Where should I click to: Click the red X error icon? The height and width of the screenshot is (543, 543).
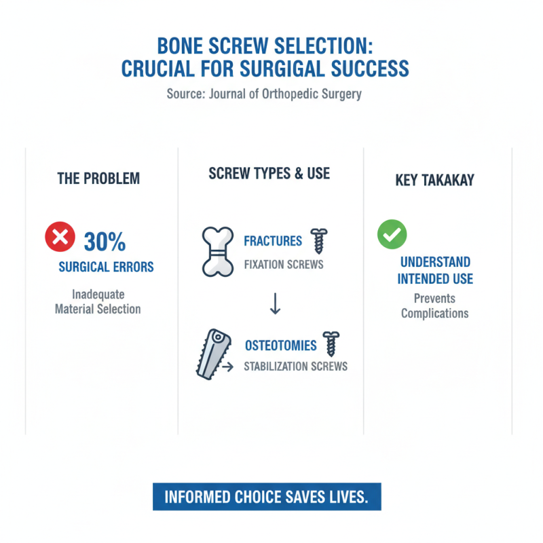pos(59,239)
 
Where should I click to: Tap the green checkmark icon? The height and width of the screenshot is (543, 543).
pos(392,235)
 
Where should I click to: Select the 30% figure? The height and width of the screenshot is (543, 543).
pos(104,242)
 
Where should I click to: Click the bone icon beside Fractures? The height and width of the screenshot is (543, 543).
pos(219,251)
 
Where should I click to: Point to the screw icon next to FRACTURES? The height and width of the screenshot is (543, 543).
pos(318,241)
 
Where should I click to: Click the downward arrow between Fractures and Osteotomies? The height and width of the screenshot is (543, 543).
pos(275,304)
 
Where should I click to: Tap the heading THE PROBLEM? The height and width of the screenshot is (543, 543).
pos(98,179)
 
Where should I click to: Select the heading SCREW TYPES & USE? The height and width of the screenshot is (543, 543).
pos(269,173)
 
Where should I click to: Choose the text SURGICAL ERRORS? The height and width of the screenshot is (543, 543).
pos(107,267)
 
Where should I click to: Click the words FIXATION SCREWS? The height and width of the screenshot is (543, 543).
pos(284,264)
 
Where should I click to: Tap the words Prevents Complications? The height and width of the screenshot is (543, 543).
pos(434,306)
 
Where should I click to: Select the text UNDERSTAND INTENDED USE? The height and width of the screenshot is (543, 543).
pos(435,270)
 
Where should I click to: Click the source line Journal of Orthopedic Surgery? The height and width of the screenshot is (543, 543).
pos(265,94)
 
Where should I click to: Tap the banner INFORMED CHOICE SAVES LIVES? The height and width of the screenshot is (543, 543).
pos(267,496)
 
